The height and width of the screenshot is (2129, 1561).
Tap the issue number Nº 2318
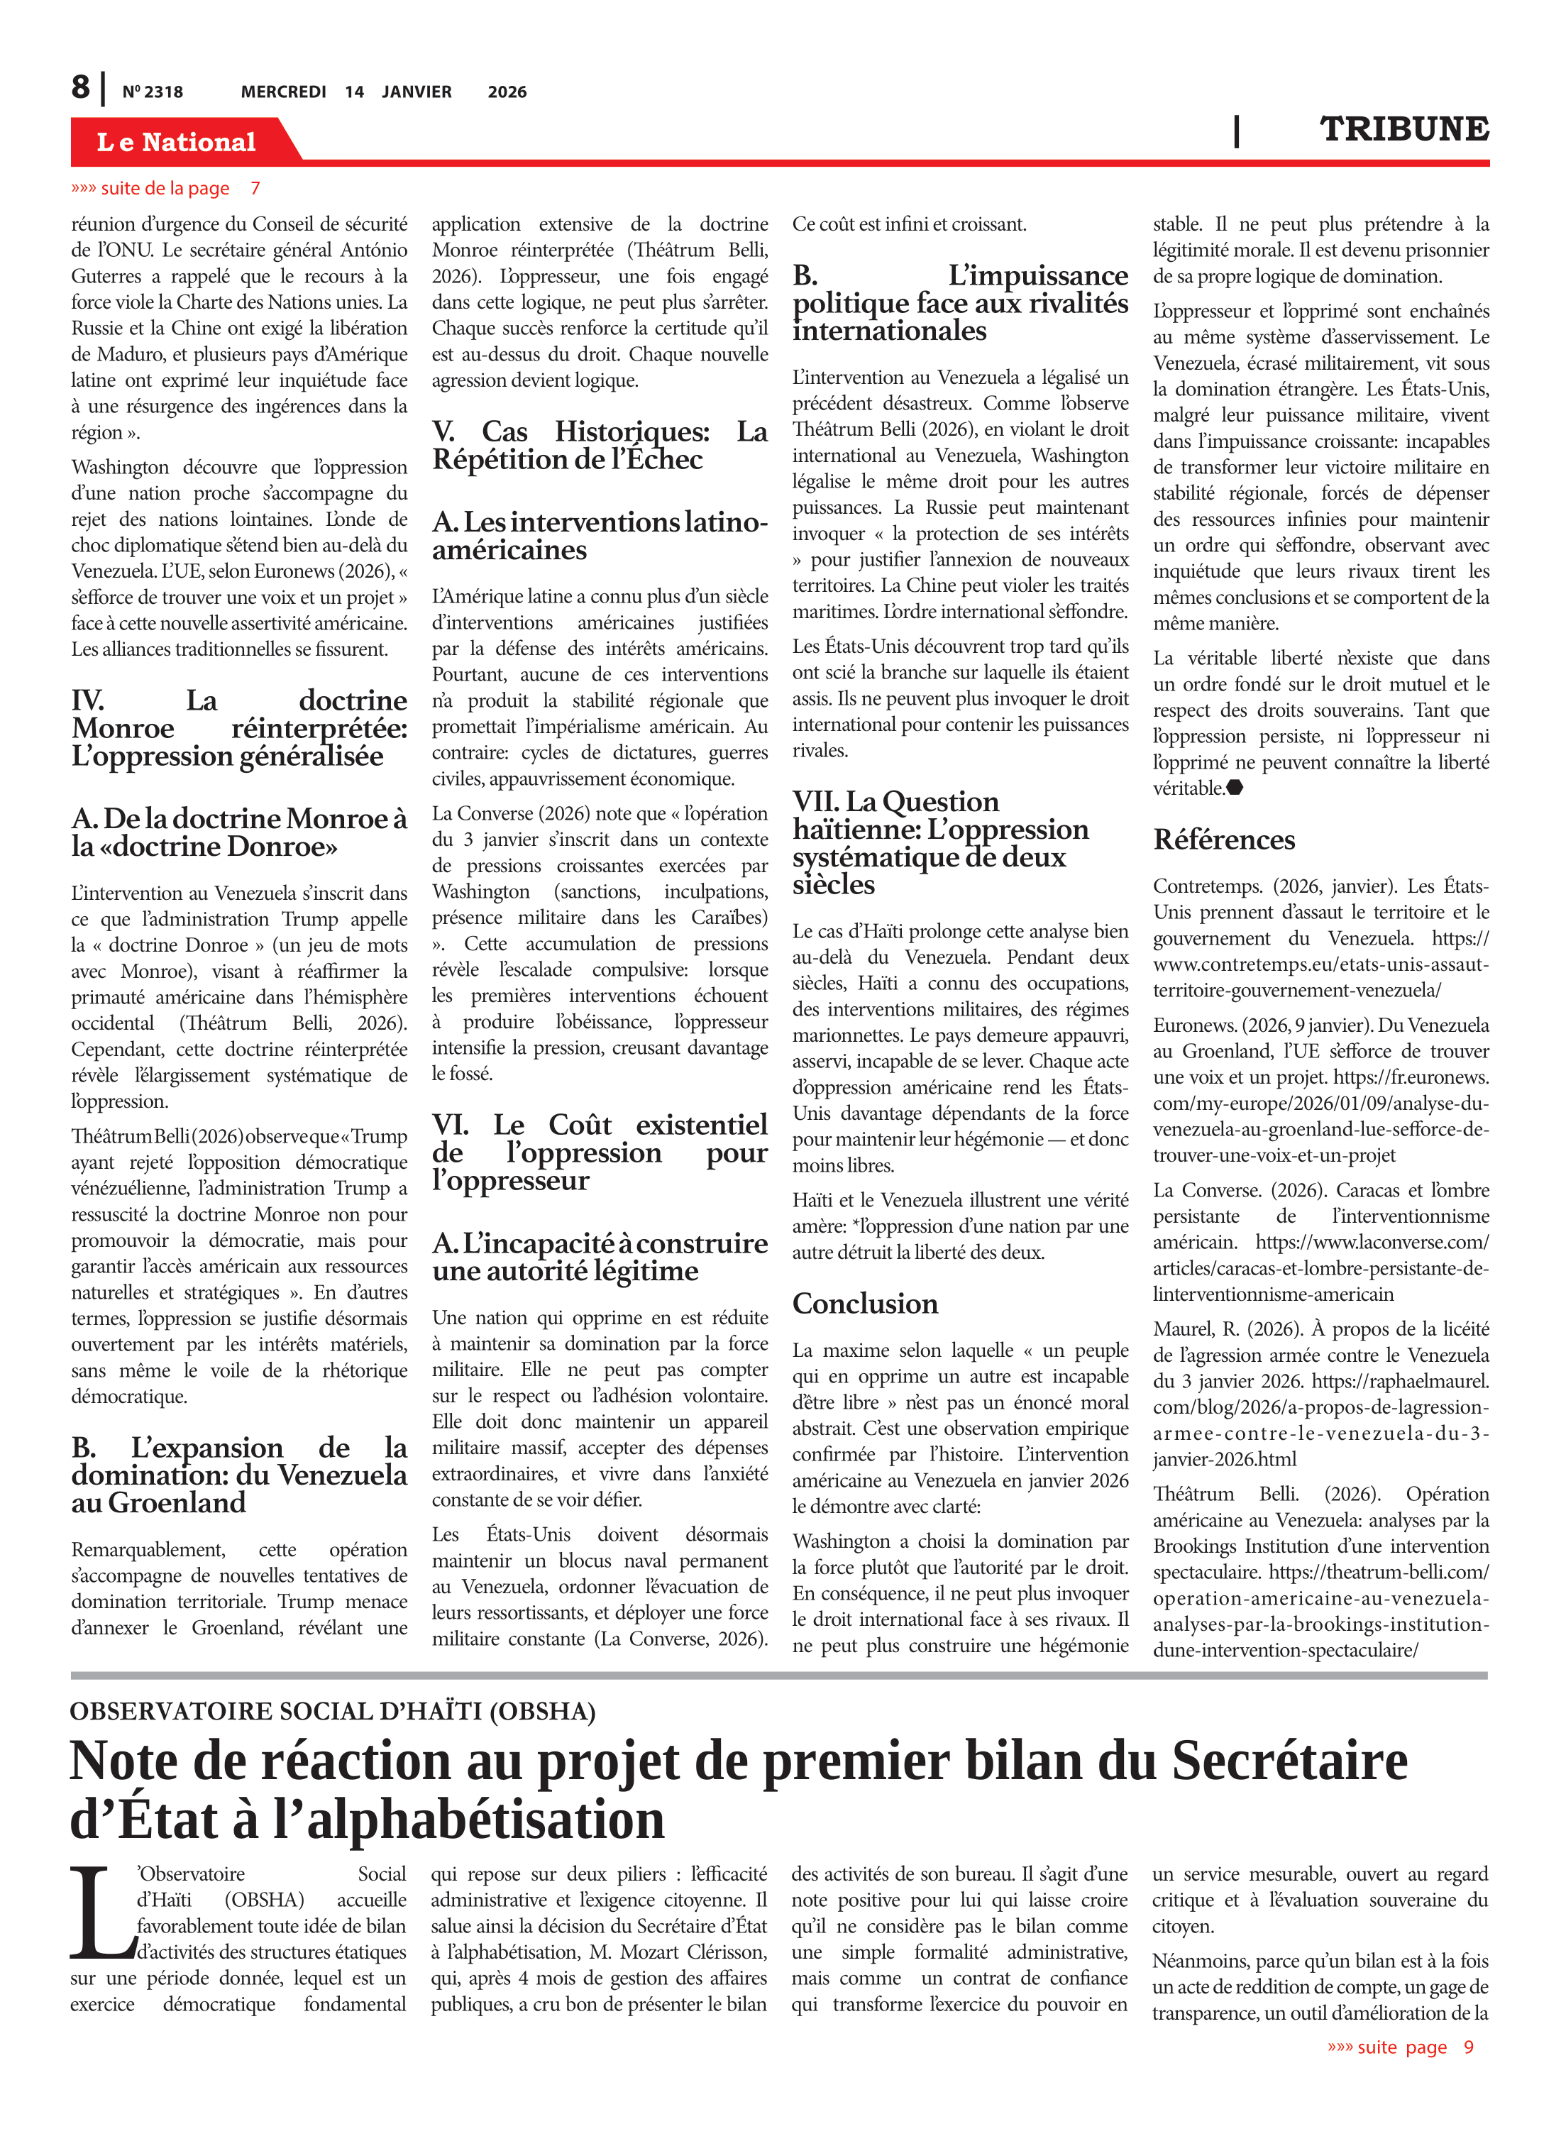click(x=152, y=92)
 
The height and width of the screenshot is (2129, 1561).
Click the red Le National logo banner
click(x=177, y=142)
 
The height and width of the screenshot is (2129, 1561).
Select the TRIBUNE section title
click(x=1403, y=129)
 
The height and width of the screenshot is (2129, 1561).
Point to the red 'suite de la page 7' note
click(x=165, y=188)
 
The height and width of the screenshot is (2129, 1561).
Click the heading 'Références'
click(x=1224, y=839)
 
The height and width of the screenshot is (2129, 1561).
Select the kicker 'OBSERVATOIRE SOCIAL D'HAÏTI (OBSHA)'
click(x=333, y=1711)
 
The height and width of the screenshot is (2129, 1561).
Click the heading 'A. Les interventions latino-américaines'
click(x=600, y=536)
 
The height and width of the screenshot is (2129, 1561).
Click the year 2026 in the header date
click(x=507, y=92)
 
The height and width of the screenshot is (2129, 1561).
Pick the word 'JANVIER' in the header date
click(x=417, y=92)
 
